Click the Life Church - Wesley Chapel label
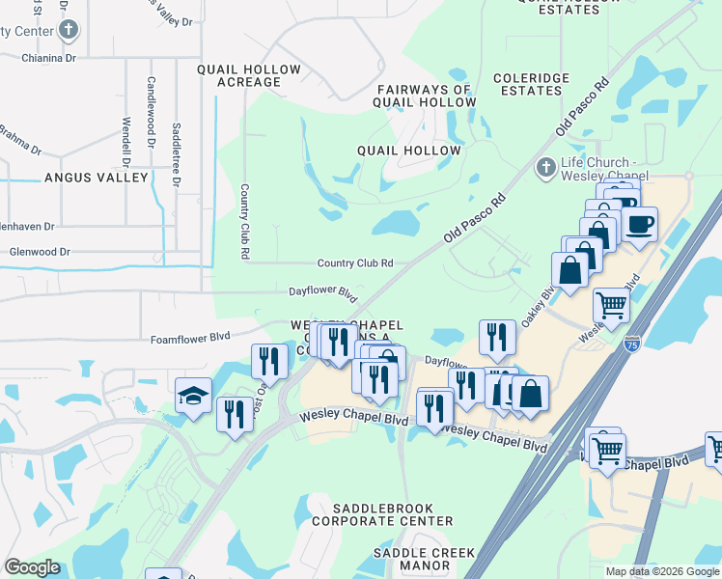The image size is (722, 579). point(599,169)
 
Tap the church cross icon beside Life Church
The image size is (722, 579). point(544,169)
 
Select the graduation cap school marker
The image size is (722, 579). point(193,396)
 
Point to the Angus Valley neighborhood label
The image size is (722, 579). point(97,178)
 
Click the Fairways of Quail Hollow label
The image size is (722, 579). point(426,96)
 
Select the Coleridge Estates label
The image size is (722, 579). point(527,84)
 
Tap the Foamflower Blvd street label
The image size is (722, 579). point(190,338)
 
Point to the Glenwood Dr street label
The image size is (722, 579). point(40,252)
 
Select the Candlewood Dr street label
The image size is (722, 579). point(152,111)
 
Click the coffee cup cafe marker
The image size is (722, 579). point(639,225)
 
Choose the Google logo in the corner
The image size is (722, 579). point(33,567)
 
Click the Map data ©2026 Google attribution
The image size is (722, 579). point(662,571)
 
